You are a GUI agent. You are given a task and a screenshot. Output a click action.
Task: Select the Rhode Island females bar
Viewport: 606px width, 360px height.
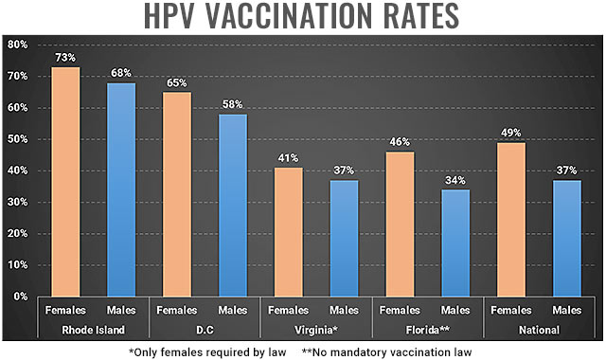click(64, 180)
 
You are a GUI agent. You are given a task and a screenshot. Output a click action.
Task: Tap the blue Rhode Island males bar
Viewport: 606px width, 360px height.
click(120, 189)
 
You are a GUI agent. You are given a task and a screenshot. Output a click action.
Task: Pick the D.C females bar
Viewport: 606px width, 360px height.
click(176, 193)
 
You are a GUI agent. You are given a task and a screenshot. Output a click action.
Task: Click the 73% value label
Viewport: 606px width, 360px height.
click(64, 58)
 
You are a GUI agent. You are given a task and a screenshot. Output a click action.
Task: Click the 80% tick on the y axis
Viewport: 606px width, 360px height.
click(16, 45)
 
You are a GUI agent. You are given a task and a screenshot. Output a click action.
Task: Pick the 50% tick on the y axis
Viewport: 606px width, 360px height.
click(16, 139)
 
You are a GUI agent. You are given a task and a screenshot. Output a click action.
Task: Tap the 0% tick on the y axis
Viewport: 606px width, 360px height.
click(19, 296)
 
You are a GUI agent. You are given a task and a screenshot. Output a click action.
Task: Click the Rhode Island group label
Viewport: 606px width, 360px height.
click(93, 330)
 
